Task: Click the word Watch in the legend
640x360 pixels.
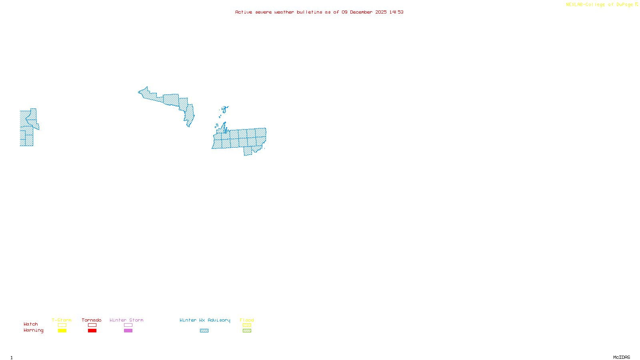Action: click(x=31, y=324)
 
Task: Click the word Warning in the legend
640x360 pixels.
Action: click(x=33, y=330)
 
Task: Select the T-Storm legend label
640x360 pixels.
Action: click(x=62, y=320)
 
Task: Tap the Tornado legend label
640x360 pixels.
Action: click(x=92, y=320)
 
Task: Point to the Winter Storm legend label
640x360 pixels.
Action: click(x=126, y=320)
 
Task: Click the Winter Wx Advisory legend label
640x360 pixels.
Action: click(x=205, y=320)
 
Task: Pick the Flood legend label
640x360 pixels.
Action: click(x=247, y=320)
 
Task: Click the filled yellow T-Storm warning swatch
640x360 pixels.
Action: click(x=62, y=331)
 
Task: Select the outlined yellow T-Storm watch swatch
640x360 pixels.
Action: click(x=62, y=325)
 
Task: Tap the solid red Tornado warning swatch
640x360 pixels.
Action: click(x=92, y=331)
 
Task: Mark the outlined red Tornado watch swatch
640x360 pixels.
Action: click(x=92, y=325)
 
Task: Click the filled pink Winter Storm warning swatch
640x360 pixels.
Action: click(x=128, y=331)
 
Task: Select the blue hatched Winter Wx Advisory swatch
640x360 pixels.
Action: click(x=204, y=331)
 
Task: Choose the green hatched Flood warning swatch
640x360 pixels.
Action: click(x=247, y=331)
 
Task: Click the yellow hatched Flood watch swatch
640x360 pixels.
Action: click(x=247, y=325)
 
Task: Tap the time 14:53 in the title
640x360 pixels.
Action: click(x=396, y=12)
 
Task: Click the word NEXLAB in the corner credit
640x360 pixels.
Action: click(x=574, y=5)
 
